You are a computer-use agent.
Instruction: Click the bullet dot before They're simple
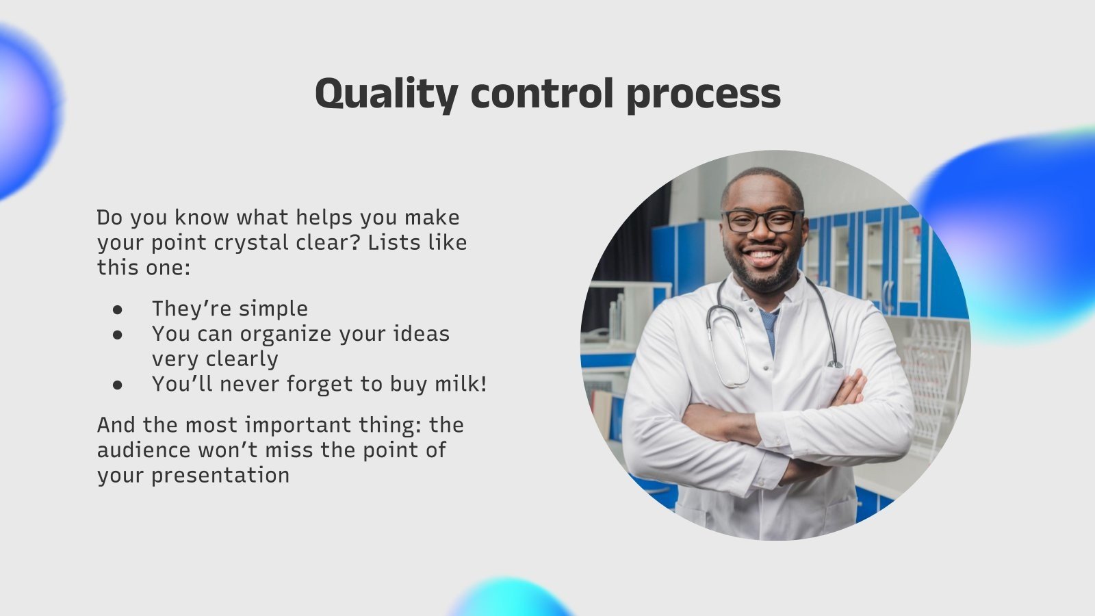pyautogui.click(x=118, y=309)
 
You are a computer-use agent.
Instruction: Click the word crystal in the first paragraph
pyautogui.click(x=253, y=243)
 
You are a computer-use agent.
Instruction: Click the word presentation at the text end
pyautogui.click(x=220, y=475)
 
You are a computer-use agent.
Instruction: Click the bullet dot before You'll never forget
pyautogui.click(x=118, y=385)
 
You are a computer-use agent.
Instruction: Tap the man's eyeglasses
pyautogui.click(x=762, y=221)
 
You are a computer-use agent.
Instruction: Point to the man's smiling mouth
pyautogui.click(x=763, y=258)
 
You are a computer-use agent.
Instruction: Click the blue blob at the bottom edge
pyautogui.click(x=510, y=599)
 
